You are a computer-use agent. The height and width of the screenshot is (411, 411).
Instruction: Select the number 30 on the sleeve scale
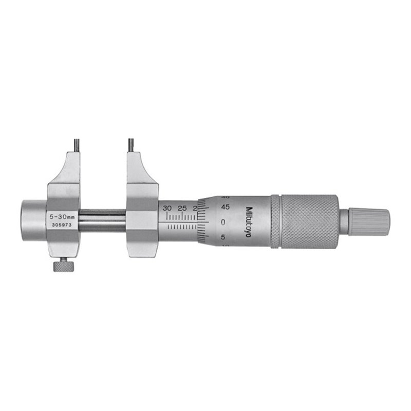166,208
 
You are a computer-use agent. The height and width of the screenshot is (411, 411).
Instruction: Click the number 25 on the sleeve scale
181,208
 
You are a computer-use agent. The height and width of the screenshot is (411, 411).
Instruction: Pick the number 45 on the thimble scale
225,208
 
